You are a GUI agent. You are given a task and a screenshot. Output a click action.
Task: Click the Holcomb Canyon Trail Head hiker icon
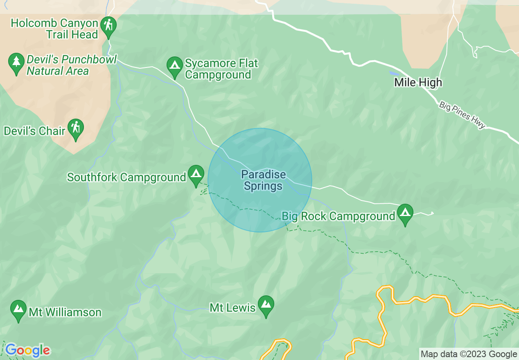108,26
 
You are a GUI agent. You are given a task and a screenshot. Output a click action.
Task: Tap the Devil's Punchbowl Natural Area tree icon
16,62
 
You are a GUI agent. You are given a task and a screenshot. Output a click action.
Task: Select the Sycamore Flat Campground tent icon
175,66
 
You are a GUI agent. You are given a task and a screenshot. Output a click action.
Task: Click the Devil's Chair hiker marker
75,128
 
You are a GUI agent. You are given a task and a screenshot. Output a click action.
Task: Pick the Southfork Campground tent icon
196,174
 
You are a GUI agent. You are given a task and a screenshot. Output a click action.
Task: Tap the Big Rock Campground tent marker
405,213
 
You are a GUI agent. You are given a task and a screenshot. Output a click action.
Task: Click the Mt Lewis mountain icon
266,305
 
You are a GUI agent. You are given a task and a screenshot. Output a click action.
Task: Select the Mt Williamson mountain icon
18,309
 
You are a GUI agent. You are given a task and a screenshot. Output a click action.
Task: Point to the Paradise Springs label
263,180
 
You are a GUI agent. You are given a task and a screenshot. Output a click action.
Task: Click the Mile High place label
418,83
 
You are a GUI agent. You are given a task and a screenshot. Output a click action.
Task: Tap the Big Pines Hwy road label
462,115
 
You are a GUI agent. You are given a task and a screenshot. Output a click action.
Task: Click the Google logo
27,351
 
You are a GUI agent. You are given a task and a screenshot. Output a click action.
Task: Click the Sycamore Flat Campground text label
221,69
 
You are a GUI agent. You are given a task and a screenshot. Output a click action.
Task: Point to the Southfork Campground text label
126,178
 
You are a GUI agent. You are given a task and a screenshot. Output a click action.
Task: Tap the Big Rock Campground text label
338,216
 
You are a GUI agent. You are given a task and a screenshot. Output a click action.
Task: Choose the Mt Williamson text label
65,313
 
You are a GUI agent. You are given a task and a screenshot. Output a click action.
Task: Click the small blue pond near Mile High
394,74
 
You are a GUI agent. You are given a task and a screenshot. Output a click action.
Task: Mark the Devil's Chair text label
34,131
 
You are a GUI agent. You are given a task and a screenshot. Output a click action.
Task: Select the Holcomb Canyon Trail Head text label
54,29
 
